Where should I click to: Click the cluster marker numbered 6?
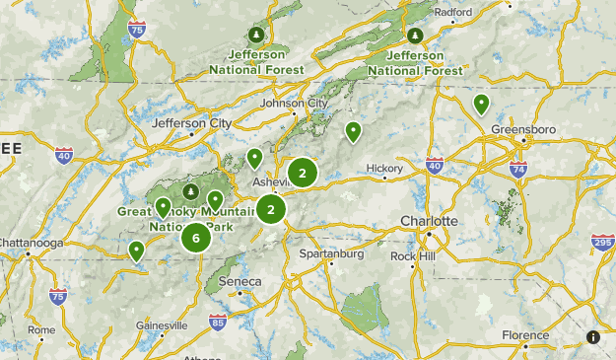pyautogui.click(x=196, y=238)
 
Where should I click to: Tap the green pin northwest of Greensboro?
pyautogui.click(x=481, y=104)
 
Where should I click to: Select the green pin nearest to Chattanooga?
pyautogui.click(x=136, y=252)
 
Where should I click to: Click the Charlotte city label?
pyautogui.click(x=429, y=220)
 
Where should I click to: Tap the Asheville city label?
pyautogui.click(x=273, y=182)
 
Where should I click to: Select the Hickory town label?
pyautogui.click(x=384, y=169)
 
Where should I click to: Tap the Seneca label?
pyautogui.click(x=240, y=281)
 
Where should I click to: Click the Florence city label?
pyautogui.click(x=525, y=335)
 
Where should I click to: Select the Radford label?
pyautogui.click(x=452, y=12)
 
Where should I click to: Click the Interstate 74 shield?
pyautogui.click(x=519, y=171)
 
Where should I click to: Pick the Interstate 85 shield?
pyautogui.click(x=217, y=322)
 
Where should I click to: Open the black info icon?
pyautogui.click(x=592, y=337)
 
